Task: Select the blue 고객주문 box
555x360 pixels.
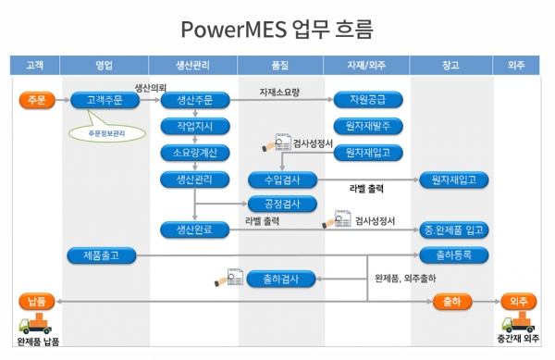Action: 105,100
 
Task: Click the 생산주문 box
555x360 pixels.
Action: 193,100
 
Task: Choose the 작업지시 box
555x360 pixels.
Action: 193,126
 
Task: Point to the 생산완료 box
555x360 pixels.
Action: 193,229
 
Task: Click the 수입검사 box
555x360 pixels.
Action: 282,180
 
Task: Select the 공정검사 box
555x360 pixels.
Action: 282,204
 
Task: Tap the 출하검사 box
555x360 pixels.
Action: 282,279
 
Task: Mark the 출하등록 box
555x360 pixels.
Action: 453,254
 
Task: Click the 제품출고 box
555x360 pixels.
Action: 105,254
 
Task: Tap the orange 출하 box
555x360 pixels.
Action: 453,301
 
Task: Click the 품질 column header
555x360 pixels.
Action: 281,65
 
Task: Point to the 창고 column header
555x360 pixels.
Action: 452,65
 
